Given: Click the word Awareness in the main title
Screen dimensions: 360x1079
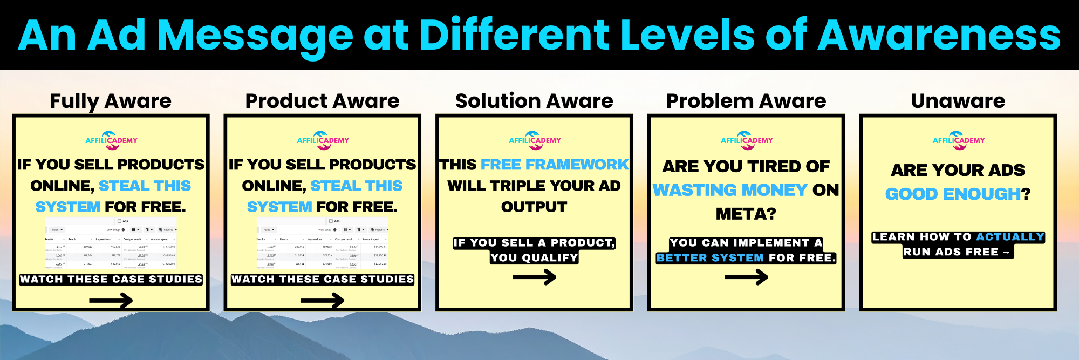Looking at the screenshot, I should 939,36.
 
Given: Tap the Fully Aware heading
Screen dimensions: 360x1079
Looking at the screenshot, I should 111,101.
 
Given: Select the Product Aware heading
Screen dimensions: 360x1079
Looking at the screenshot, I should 322,101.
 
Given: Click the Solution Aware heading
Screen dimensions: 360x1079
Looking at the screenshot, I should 534,101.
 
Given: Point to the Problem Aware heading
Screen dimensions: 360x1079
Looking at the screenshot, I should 746,101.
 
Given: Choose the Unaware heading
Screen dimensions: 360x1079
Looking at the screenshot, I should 958,101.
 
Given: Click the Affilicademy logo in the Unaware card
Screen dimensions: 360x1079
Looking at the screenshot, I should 959,139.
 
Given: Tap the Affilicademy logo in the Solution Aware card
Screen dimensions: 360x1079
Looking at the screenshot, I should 535,139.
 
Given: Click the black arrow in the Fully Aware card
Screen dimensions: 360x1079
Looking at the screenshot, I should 111,300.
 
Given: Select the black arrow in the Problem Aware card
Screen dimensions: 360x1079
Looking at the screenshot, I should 746,277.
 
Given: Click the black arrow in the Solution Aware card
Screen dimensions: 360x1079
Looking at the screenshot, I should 534,277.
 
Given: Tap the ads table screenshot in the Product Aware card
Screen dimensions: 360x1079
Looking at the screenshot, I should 323,243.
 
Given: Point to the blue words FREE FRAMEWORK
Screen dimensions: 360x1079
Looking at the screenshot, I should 555,164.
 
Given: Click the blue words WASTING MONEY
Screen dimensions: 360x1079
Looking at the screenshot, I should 729,190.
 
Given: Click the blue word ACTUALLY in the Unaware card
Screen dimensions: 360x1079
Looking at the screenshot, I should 1010,237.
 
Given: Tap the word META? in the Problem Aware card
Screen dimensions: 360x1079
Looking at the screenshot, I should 746,214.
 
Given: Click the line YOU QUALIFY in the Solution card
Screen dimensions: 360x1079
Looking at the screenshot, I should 534,258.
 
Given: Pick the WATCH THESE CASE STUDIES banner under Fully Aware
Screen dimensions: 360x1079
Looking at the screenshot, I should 111,279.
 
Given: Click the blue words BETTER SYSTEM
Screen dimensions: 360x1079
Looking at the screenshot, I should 710,258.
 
